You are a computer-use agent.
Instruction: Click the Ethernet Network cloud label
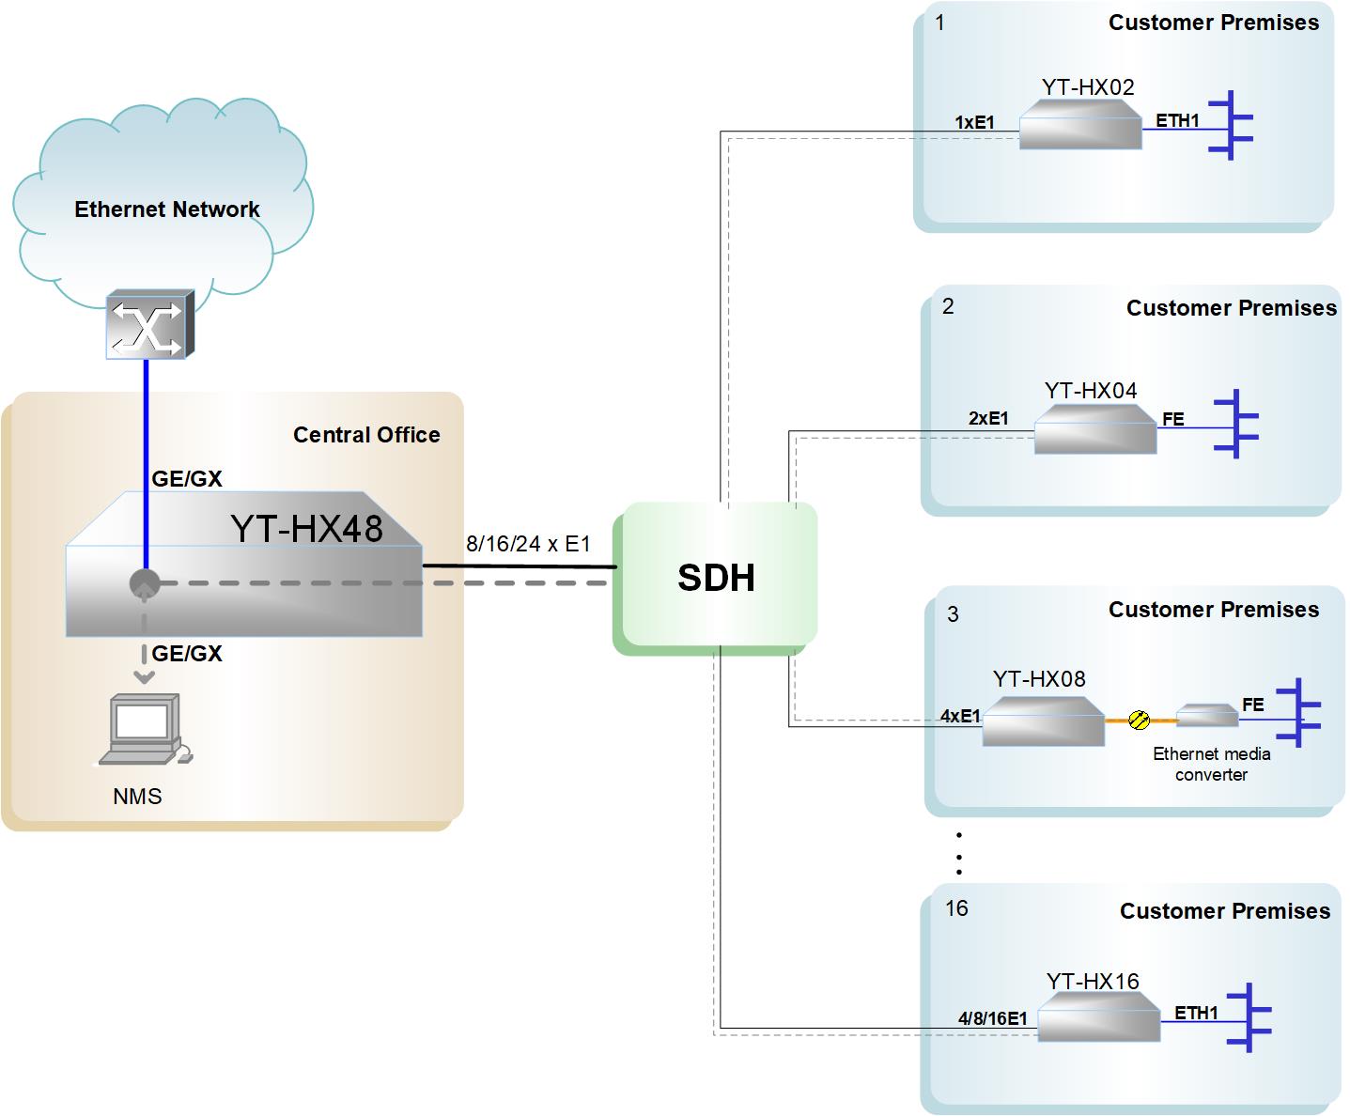[x=167, y=209]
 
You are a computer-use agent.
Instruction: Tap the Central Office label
[x=366, y=435]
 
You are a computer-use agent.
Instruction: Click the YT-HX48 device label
[x=307, y=529]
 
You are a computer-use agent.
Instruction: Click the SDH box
[x=716, y=578]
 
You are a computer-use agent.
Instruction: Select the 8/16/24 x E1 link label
[x=528, y=544]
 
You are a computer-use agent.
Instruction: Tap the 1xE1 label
[x=974, y=122]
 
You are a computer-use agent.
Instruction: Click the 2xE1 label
[x=988, y=419]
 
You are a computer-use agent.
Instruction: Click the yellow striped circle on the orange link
[x=1139, y=721]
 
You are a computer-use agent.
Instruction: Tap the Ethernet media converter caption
[x=1211, y=764]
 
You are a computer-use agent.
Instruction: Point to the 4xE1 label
[x=960, y=716]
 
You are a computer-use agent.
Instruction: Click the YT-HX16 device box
[x=1098, y=1018]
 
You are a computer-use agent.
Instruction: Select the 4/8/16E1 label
[x=992, y=1018]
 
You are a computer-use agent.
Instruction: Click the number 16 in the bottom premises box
[x=956, y=908]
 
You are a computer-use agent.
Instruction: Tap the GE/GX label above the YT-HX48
[x=187, y=479]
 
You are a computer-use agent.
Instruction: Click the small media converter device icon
[x=1207, y=716]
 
